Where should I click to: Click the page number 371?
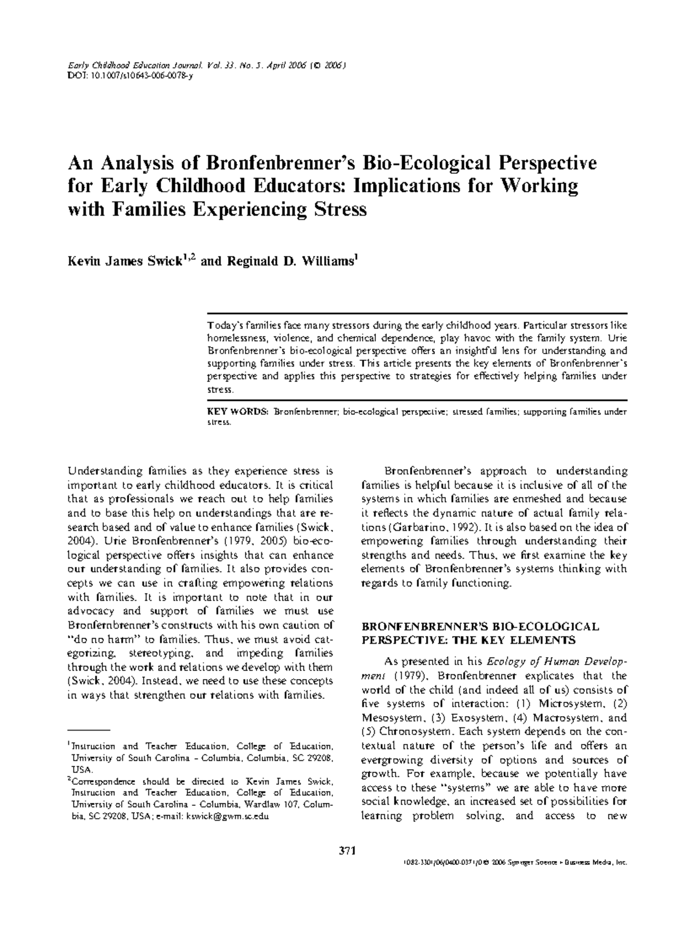coord(346,851)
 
